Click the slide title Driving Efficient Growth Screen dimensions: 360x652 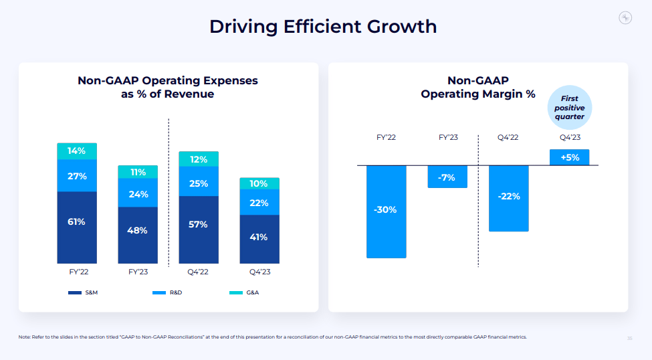point(323,26)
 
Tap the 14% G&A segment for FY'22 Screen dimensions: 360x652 point(77,151)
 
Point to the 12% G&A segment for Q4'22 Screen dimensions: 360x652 point(199,159)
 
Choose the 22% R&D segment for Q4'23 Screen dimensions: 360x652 point(259,203)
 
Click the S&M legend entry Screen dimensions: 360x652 point(84,293)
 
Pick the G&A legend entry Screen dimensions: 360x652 point(244,293)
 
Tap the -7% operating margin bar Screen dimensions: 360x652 point(447,177)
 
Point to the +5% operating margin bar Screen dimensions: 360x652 point(569,157)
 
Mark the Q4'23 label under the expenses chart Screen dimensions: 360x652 point(259,272)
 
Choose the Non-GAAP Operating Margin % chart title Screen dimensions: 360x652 point(478,88)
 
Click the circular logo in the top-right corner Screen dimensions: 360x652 point(625,18)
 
